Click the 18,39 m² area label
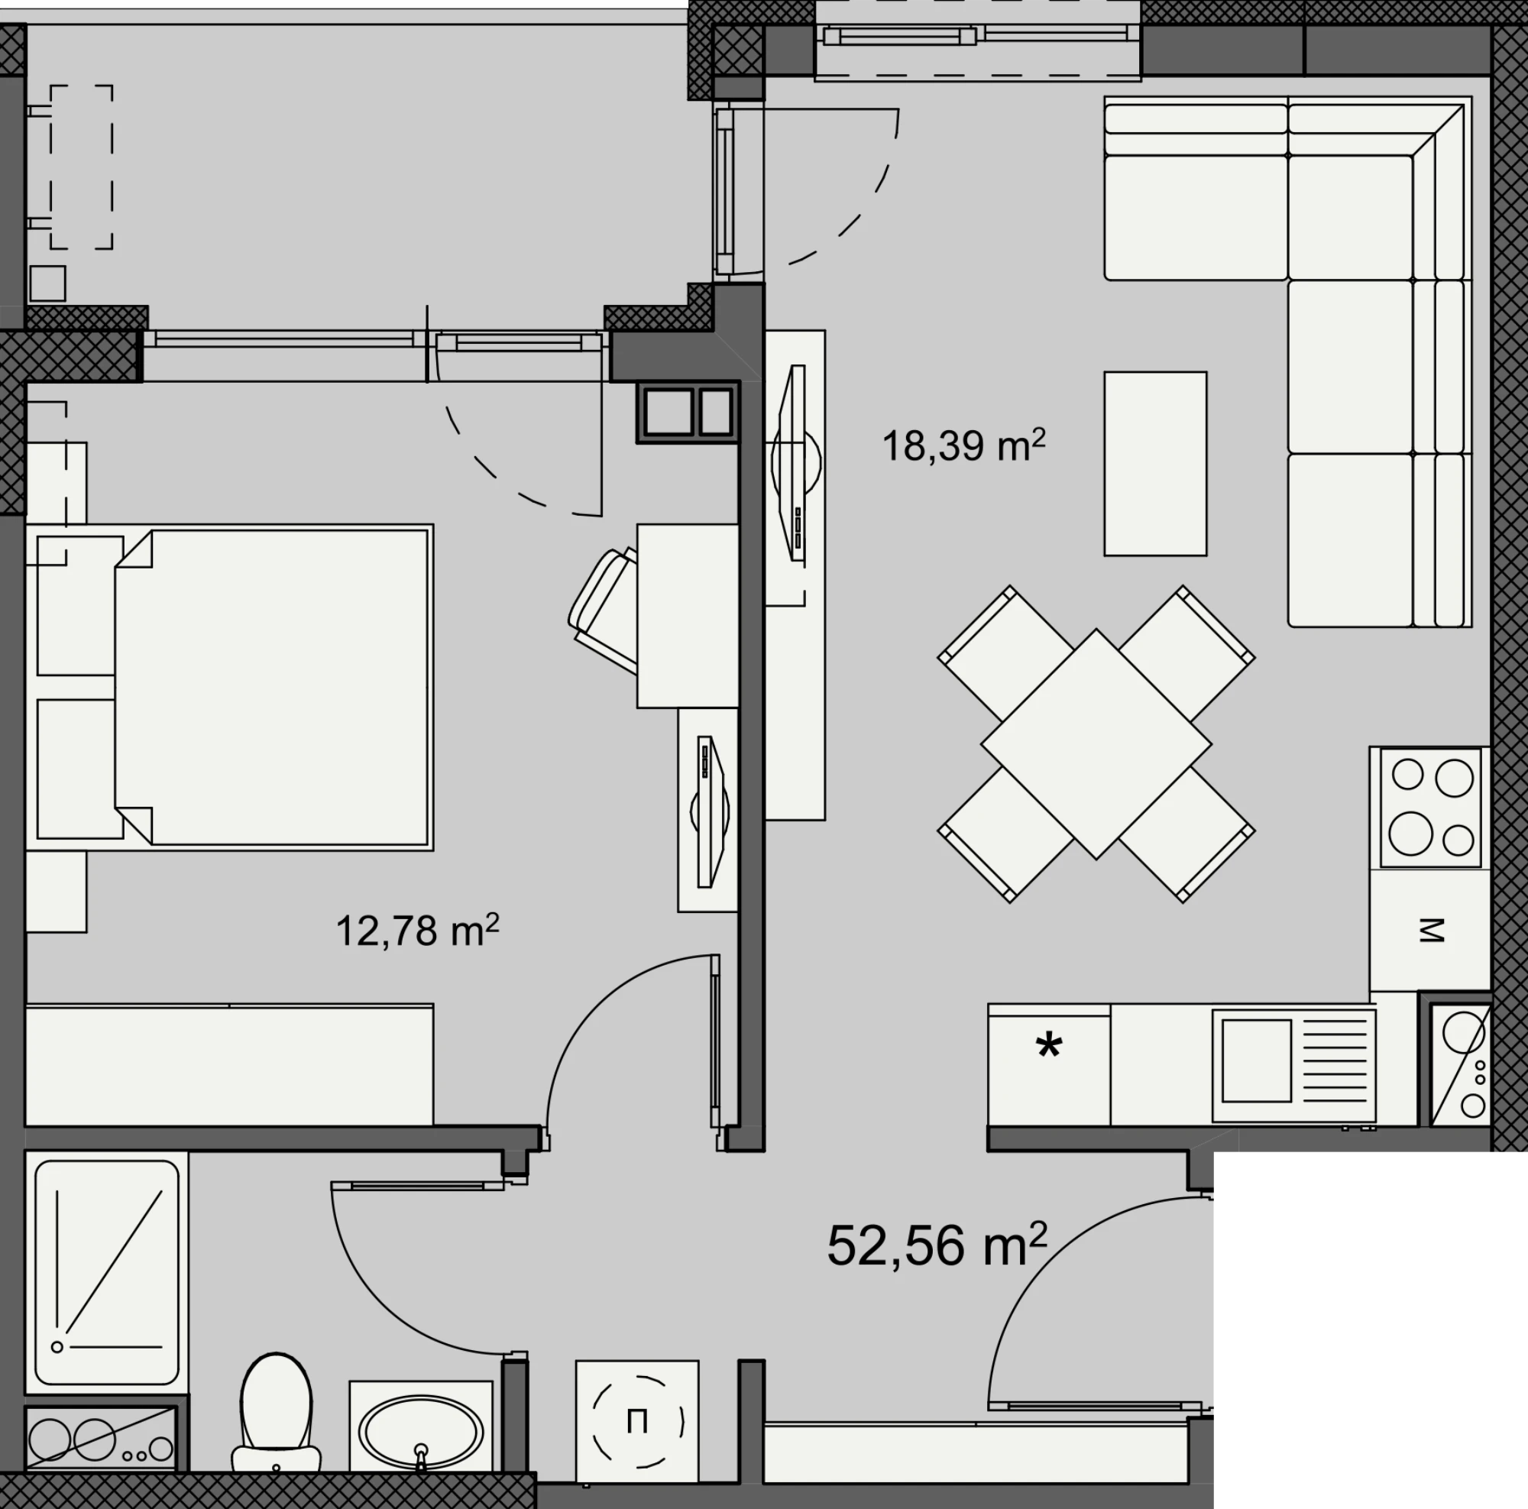pyautogui.click(x=963, y=445)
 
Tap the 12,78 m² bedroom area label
pyautogui.click(x=418, y=930)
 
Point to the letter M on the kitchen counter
pyautogui.click(x=1431, y=931)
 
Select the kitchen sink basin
pyautogui.click(x=1257, y=1061)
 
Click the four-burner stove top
pyautogui.click(x=1431, y=808)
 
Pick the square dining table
pyautogui.click(x=1096, y=744)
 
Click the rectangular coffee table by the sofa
pyautogui.click(x=1155, y=464)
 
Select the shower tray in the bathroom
pyautogui.click(x=107, y=1273)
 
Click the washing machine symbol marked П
pyautogui.click(x=636, y=1421)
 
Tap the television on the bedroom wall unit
pyautogui.click(x=710, y=811)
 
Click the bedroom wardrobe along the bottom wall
pyautogui.click(x=229, y=1064)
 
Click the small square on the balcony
pyautogui.click(x=47, y=283)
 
